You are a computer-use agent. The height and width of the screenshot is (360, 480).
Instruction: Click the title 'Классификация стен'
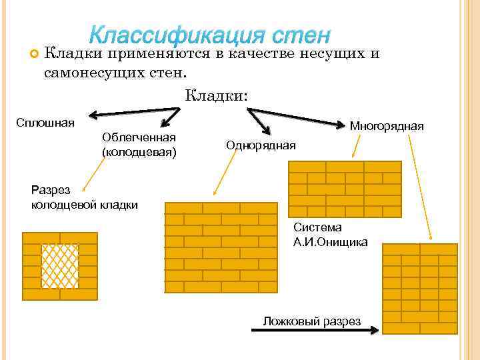(x=210, y=34)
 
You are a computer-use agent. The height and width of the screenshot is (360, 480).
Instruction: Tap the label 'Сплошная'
(x=45, y=123)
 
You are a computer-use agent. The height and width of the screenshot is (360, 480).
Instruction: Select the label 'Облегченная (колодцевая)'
(x=139, y=145)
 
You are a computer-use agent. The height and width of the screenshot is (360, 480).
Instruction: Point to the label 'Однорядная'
(x=261, y=145)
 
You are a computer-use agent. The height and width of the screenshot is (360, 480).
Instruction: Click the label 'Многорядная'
(x=387, y=126)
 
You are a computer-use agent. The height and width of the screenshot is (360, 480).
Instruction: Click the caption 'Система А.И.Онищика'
(x=330, y=235)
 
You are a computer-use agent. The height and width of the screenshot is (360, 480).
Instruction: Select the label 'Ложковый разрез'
(x=311, y=321)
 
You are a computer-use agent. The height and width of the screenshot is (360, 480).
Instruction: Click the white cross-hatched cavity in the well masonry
(x=60, y=265)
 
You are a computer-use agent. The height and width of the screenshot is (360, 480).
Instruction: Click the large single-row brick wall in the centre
(x=221, y=247)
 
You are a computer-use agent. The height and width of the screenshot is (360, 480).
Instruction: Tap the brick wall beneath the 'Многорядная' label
(x=344, y=189)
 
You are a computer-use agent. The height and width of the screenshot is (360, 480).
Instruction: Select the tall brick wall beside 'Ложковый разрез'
(x=419, y=289)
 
